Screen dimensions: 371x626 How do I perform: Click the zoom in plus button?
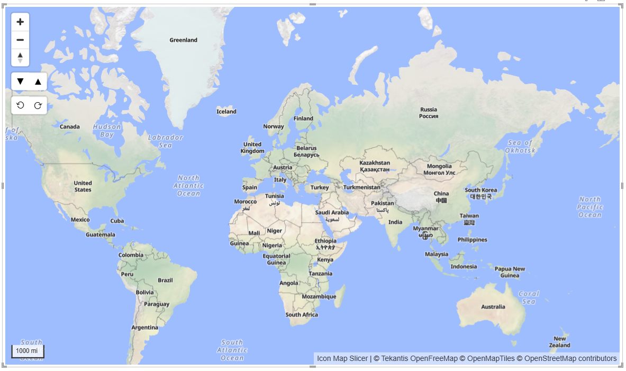[20, 22]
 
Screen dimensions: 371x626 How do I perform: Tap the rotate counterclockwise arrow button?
[20, 105]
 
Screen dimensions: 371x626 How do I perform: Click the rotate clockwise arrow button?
[38, 105]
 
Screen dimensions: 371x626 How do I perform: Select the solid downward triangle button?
[20, 82]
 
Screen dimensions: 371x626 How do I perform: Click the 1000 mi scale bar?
[28, 351]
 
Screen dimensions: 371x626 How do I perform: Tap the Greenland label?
[183, 40]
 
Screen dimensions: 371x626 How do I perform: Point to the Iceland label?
[226, 112]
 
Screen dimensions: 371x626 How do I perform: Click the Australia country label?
[493, 307]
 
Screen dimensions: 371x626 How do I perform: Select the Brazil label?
[165, 280]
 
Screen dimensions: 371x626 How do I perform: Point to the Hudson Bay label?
[107, 131]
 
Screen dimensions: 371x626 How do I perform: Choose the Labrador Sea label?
[165, 141]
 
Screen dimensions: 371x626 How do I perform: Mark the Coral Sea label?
[529, 297]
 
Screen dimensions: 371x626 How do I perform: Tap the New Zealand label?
[559, 342]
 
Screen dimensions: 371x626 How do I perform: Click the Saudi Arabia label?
[332, 213]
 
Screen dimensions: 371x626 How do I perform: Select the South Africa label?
[302, 315]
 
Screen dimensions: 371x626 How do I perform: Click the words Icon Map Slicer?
[342, 359]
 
